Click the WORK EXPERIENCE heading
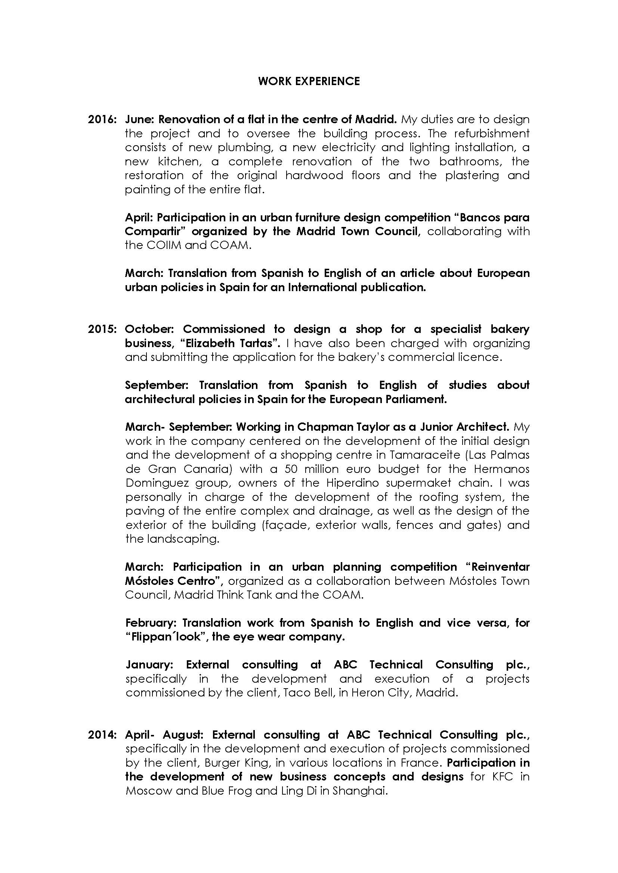pos(309,81)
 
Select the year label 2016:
pos(102,119)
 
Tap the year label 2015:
pos(102,329)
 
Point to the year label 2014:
pos(102,735)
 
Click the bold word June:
pos(139,119)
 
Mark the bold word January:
pos(149,665)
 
